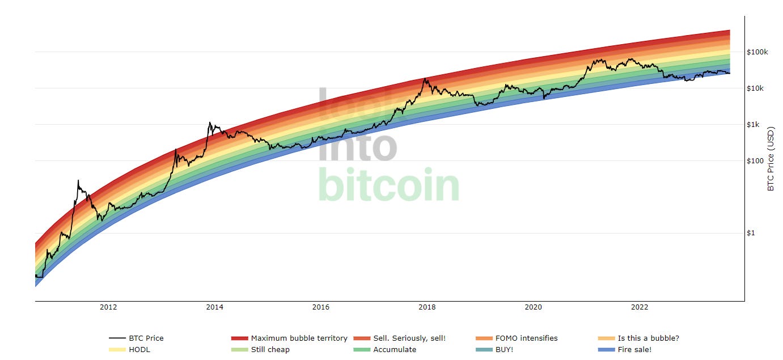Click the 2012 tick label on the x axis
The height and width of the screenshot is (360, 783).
[x=108, y=307]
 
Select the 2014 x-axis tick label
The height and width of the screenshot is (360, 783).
[x=214, y=307]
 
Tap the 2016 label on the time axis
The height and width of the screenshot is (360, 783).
[x=320, y=307]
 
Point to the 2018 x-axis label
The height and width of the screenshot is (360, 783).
[x=427, y=307]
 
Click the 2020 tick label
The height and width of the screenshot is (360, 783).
[x=533, y=307]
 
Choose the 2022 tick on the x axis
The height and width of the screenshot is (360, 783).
[x=640, y=307]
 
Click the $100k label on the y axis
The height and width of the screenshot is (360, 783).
[x=757, y=52]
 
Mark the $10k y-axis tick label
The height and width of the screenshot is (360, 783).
[x=755, y=88]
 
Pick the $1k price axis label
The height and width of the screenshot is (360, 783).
[x=754, y=125]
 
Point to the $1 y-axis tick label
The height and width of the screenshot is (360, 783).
[x=751, y=233]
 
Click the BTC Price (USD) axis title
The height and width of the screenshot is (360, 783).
[x=771, y=159]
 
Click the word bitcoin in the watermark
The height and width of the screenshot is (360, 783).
[x=388, y=185]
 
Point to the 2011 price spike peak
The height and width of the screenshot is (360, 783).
[x=78, y=181]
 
